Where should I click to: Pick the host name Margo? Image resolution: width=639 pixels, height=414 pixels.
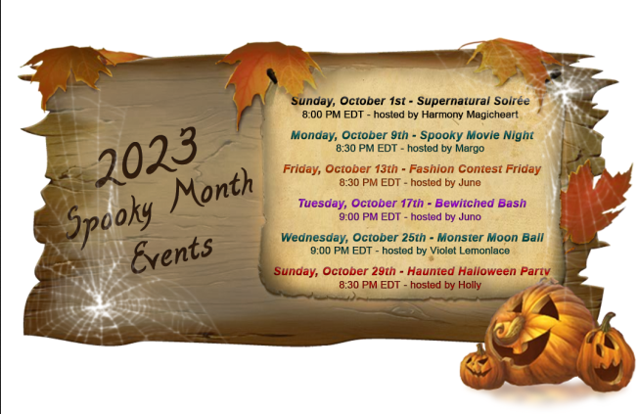(x=471, y=148)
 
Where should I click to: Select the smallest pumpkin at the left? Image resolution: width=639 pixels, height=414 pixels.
(x=479, y=364)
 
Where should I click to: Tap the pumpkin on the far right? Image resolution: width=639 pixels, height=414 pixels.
(x=605, y=354)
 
